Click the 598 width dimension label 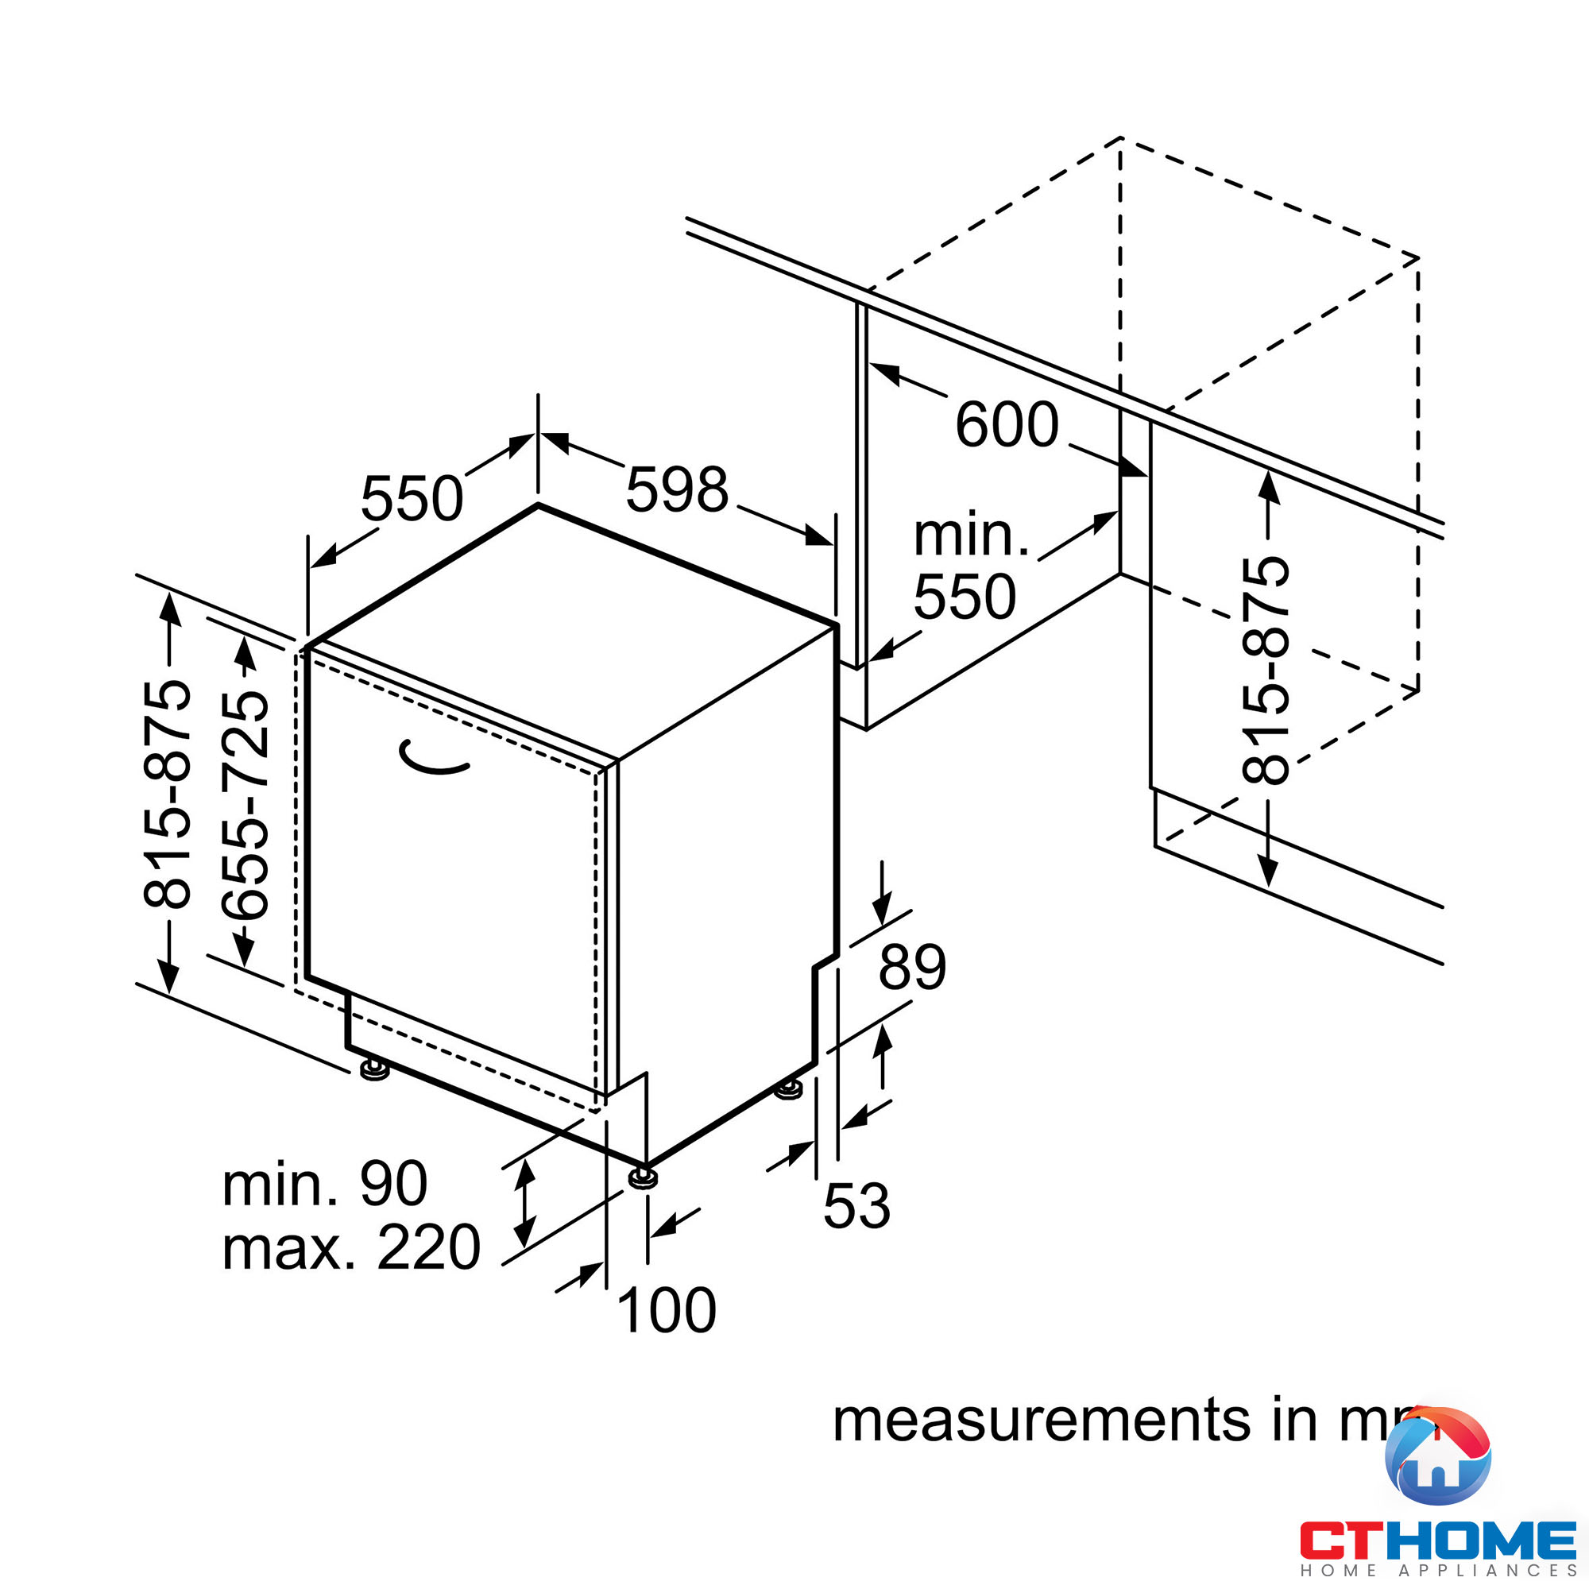pos(677,490)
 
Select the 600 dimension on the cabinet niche pos(1006,425)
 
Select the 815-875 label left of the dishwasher pos(168,794)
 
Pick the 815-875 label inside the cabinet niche pos(1266,671)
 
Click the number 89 pos(912,967)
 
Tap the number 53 pos(857,1207)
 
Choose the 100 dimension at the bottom pos(667,1311)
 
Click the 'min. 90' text pos(325,1185)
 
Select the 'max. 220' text pos(351,1247)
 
